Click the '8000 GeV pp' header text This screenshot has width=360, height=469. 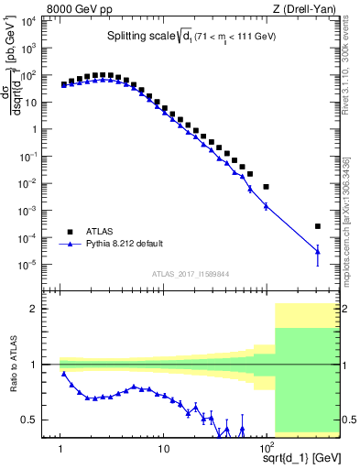pyautogui.click(x=80, y=10)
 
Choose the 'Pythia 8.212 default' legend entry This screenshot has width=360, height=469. pyautogui.click(x=125, y=244)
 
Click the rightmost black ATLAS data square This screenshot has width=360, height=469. pyautogui.click(x=317, y=226)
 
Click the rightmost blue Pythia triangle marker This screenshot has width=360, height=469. pyautogui.click(x=317, y=251)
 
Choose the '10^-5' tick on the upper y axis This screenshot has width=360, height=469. pyautogui.click(x=37, y=265)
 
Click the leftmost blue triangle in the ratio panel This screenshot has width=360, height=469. pyautogui.click(x=63, y=374)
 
